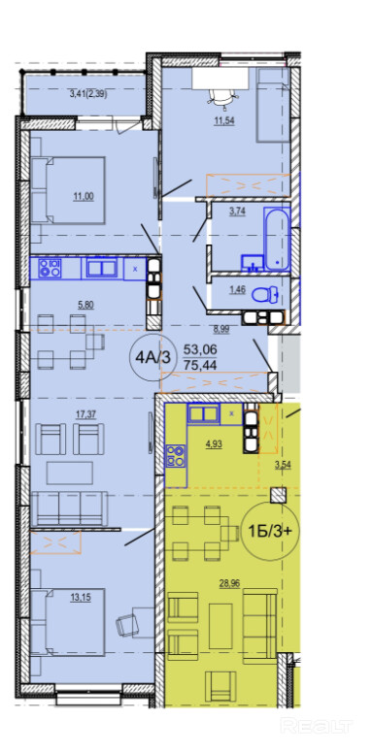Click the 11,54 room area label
[x=224, y=120]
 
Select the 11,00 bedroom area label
[x=83, y=196]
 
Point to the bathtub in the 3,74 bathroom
[x=278, y=240]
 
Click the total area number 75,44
[x=200, y=366]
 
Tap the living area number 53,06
[x=200, y=347]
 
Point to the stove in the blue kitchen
[x=49, y=268]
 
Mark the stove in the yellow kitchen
[x=176, y=456]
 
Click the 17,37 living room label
[x=87, y=414]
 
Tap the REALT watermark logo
[x=317, y=725]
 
